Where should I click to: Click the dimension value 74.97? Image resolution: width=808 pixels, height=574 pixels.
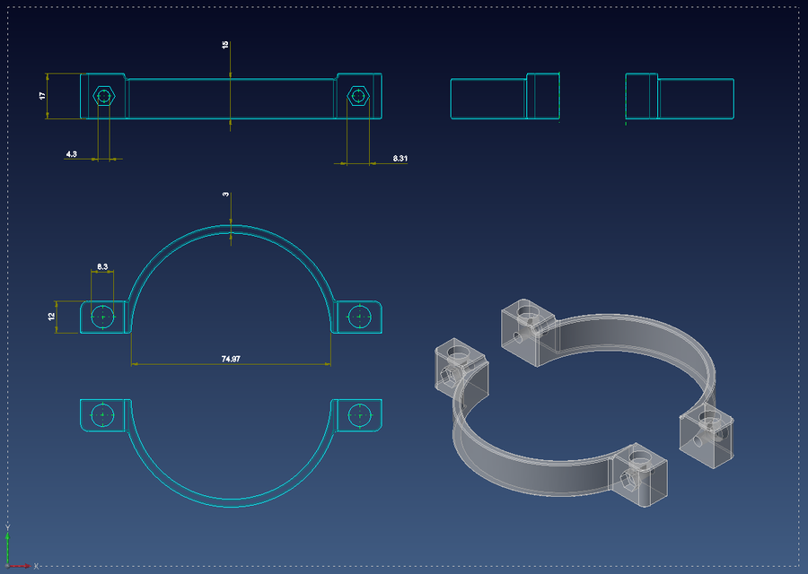(231, 358)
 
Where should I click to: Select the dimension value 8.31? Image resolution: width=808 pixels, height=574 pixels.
(400, 158)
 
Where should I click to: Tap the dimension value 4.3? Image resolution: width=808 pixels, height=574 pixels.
(72, 154)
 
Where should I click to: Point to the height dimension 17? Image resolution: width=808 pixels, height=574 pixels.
(42, 95)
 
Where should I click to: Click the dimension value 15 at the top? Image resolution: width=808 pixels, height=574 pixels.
(225, 44)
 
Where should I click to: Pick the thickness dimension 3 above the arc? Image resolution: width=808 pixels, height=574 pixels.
(226, 194)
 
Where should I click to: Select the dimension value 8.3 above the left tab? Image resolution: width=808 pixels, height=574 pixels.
(102, 266)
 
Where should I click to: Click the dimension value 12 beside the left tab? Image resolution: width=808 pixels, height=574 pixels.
(52, 316)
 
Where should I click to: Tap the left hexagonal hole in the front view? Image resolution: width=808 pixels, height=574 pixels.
(104, 95)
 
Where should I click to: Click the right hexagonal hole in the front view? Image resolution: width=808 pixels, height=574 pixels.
(357, 95)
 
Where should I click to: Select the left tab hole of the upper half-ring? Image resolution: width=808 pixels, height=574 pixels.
(104, 317)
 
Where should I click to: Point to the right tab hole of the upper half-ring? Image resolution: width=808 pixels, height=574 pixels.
(359, 317)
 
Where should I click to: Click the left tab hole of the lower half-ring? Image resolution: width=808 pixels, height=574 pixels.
(104, 415)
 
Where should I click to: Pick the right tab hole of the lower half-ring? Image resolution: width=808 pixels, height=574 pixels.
(359, 415)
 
